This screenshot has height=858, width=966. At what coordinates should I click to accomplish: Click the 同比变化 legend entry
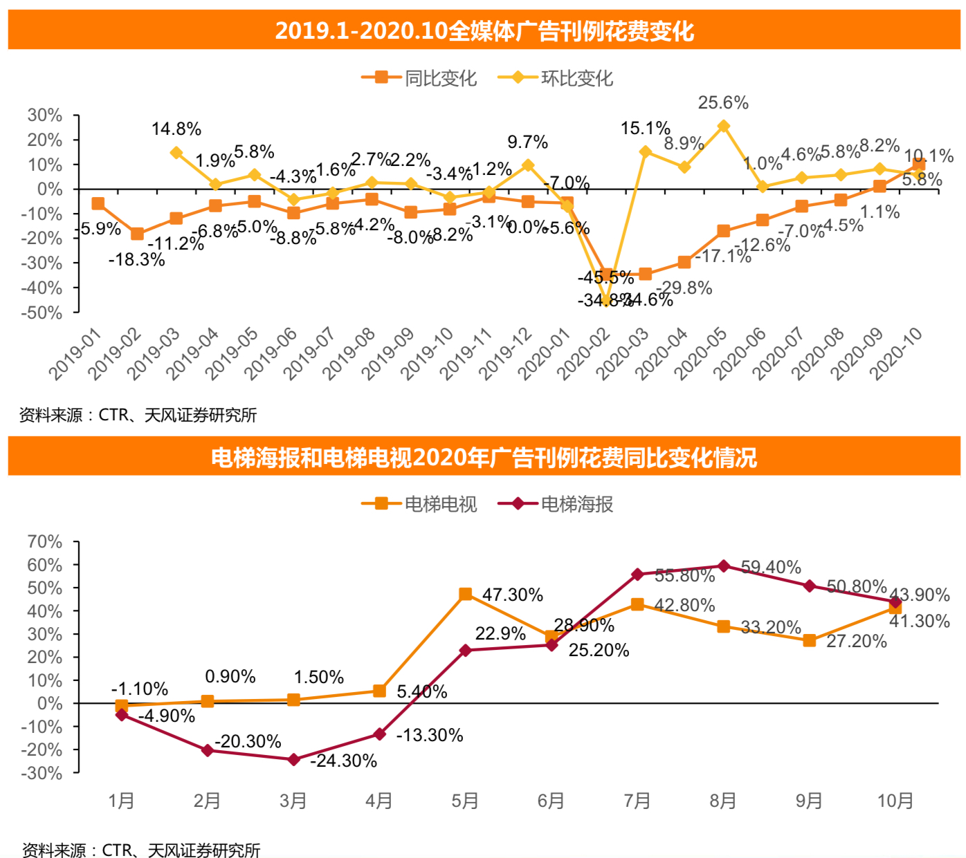(x=419, y=78)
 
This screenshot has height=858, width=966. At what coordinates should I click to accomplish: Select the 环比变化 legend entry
(x=556, y=78)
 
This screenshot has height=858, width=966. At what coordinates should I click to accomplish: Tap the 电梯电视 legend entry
(x=419, y=504)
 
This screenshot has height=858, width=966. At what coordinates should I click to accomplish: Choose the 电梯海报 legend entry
(x=556, y=504)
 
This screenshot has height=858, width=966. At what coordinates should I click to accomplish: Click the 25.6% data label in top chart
(x=723, y=103)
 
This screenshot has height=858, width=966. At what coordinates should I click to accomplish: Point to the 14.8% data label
(x=176, y=129)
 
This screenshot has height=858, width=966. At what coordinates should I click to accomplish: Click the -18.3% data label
(x=137, y=260)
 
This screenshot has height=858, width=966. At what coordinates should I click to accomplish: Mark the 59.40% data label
(x=771, y=568)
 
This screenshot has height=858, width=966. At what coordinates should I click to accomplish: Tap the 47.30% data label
(x=512, y=595)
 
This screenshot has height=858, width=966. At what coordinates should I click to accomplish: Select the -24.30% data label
(x=343, y=761)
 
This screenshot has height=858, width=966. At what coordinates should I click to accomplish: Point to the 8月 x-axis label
(x=723, y=801)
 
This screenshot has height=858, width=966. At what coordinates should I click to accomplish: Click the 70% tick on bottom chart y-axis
(x=45, y=542)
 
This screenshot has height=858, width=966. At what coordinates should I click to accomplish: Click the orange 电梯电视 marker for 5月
(x=466, y=594)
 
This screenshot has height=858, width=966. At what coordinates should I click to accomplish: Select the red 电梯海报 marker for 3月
(x=293, y=760)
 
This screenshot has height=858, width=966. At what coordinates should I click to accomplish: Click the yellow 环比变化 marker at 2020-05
(x=723, y=126)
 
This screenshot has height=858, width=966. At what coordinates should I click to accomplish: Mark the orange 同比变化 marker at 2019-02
(x=137, y=234)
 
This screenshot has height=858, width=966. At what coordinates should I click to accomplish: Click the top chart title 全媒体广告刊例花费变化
(x=484, y=31)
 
